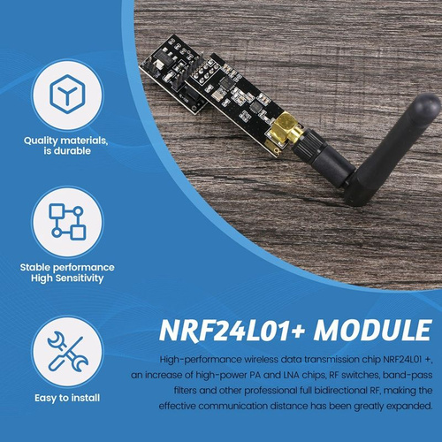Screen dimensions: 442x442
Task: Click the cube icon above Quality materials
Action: [x=67, y=94]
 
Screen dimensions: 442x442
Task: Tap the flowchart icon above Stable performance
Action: [x=67, y=221]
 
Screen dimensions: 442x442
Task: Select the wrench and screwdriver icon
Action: [x=67, y=351]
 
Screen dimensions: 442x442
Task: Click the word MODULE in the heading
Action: [x=372, y=330]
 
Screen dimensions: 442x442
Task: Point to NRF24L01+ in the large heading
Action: [x=232, y=331]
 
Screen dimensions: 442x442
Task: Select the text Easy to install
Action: [x=67, y=398]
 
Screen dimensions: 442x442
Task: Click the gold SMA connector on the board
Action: [x=286, y=129]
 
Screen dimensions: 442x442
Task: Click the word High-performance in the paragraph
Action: [x=201, y=360]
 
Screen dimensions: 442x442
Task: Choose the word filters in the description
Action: [x=185, y=391]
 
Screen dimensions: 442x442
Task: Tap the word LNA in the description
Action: [x=292, y=375]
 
